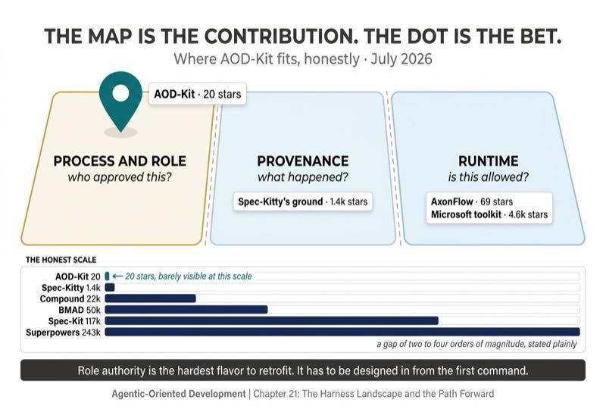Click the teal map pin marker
[120, 101]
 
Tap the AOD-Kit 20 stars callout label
[198, 94]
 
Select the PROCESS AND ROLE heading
[120, 161]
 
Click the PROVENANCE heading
[303, 161]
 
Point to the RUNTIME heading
[489, 161]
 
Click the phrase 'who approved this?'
[120, 177]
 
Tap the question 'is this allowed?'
[488, 177]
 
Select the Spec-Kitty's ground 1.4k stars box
[302, 201]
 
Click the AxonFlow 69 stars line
[471, 201]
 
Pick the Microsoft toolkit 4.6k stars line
[489, 214]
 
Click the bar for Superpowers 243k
[342, 332]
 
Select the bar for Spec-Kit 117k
[272, 320]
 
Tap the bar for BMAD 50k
[186, 310]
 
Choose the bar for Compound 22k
[150, 298]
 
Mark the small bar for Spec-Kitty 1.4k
[110, 287]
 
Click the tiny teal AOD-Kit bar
[107, 276]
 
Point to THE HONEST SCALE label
[61, 260]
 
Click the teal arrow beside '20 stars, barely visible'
[117, 276]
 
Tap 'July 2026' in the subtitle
[401, 59]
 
